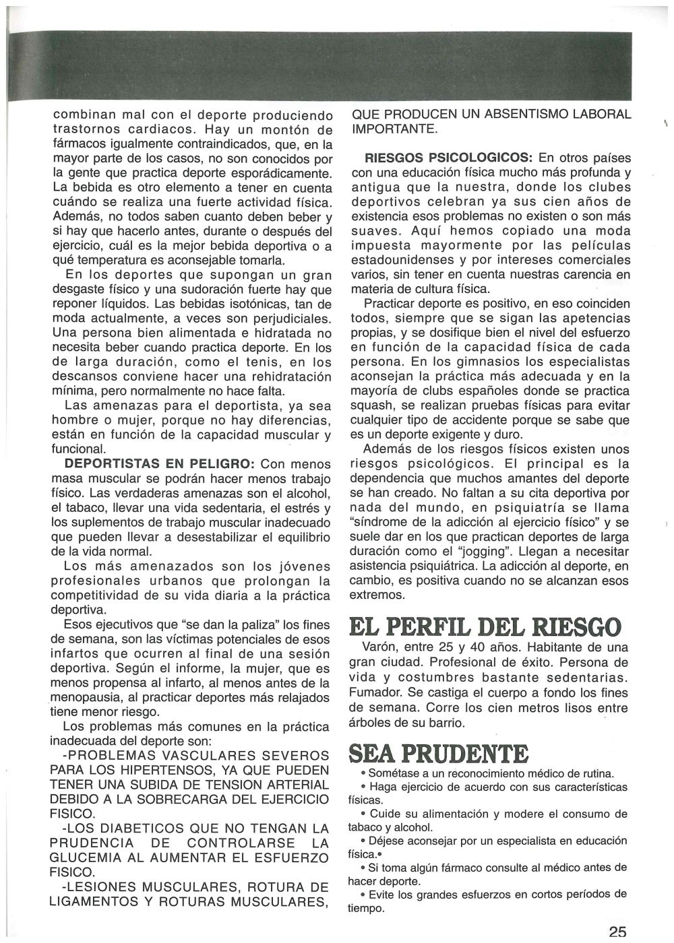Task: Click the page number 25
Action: coord(617,932)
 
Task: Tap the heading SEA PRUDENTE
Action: coord(438,754)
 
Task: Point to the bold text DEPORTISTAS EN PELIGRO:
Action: coord(160,464)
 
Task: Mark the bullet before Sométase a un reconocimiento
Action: coord(363,774)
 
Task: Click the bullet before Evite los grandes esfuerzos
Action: coord(363,895)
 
